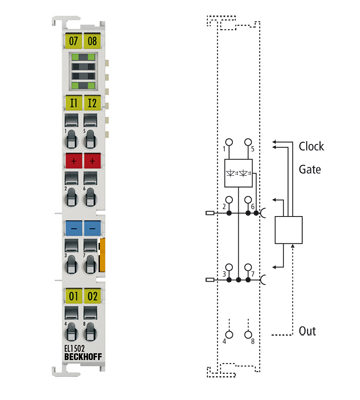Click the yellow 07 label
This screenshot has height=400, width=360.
[72, 40]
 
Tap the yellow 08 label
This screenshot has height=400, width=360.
[92, 40]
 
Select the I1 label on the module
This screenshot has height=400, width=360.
[72, 101]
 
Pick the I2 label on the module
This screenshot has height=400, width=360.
[92, 101]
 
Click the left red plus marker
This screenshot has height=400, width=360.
[72, 160]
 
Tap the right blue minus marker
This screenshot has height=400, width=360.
[92, 228]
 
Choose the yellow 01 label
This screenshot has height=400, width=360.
[72, 296]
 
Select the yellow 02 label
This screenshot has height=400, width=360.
[92, 296]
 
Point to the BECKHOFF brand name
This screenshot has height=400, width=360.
[80, 357]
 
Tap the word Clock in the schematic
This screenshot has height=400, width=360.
[312, 146]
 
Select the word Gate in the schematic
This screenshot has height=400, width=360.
[310, 170]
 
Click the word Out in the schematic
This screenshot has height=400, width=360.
[308, 331]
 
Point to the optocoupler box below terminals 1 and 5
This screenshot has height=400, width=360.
[240, 171]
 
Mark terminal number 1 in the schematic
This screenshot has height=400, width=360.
[224, 150]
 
